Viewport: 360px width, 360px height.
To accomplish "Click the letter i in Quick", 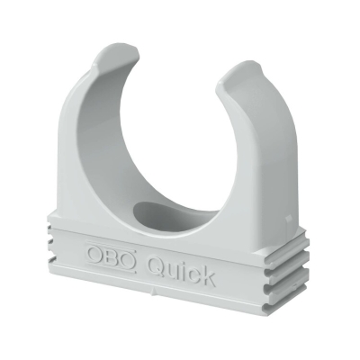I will [183, 272].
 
